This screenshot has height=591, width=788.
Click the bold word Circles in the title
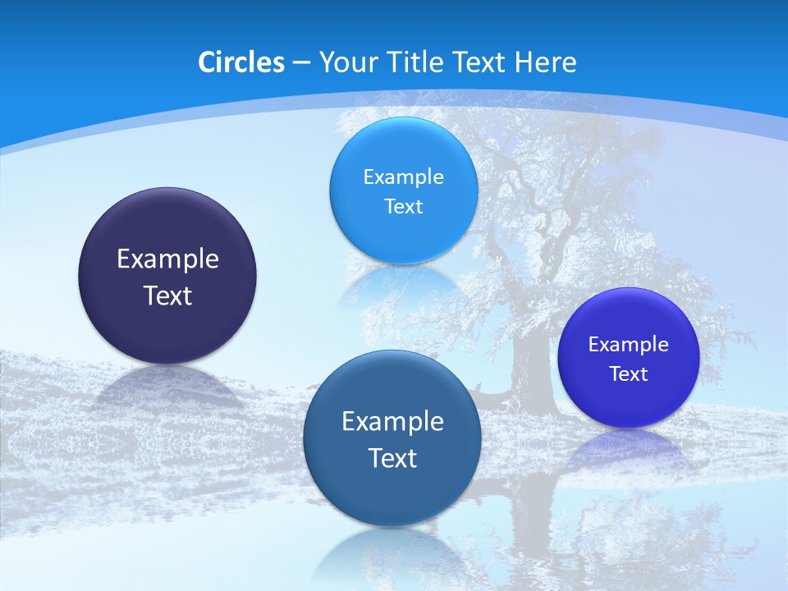pyautogui.click(x=241, y=62)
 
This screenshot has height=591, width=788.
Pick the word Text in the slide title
pyautogui.click(x=479, y=62)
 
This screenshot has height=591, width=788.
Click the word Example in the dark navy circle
pyautogui.click(x=167, y=259)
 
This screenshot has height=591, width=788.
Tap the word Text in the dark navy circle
pyautogui.click(x=167, y=295)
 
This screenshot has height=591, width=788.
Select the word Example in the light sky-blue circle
pyautogui.click(x=403, y=177)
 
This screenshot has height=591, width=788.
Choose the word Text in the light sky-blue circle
pyautogui.click(x=403, y=207)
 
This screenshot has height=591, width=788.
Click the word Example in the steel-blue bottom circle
pyautogui.click(x=392, y=422)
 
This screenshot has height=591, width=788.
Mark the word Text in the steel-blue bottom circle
pyautogui.click(x=392, y=458)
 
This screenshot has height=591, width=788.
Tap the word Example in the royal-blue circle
pyautogui.click(x=628, y=345)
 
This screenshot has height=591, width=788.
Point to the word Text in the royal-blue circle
pyautogui.click(x=629, y=374)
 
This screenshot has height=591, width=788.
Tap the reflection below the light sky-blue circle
pyautogui.click(x=402, y=283)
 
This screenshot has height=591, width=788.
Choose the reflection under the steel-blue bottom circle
pyautogui.click(x=392, y=550)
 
